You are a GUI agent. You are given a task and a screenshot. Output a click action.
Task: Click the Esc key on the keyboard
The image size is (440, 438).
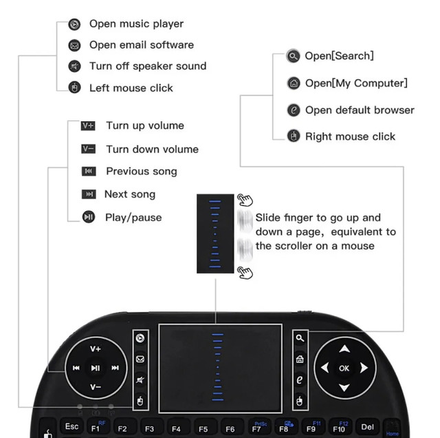coord(71,427)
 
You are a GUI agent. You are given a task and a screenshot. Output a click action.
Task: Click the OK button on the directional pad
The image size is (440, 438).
coord(344,368)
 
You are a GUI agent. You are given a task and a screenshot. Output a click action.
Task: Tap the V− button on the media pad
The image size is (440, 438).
coord(96,387)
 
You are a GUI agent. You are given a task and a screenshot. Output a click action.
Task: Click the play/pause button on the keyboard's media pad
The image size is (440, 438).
coord(96,368)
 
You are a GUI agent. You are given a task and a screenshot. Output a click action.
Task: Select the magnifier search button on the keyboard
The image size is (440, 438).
coord(299,338)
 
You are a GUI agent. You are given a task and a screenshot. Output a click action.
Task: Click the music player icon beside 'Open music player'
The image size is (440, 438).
coord(74,25)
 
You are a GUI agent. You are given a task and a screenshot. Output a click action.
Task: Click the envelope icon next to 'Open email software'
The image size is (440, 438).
coord(74,45)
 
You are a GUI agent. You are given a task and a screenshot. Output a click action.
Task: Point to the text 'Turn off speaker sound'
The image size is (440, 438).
coord(147,66)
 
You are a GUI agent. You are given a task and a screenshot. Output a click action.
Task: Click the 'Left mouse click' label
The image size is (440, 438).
coord(131,88)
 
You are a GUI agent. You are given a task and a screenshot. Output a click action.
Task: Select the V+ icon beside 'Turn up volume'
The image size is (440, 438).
coord(88,126)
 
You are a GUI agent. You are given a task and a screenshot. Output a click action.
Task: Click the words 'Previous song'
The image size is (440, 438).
coord(141,171)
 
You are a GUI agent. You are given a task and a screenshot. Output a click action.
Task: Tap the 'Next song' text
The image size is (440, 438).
coord(129,194)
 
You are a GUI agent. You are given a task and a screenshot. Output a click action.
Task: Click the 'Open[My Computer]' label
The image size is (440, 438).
coord(355,83)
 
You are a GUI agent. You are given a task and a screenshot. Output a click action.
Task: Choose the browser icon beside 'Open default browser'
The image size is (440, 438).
coord(294,110)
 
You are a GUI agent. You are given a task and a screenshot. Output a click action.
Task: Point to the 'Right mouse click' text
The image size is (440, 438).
coord(350,136)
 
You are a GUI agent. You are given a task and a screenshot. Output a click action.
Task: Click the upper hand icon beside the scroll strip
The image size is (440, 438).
coord(245,200)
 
